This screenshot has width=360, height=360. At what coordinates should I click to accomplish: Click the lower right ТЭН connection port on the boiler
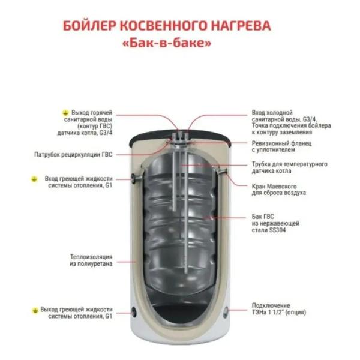(x=226, y=311)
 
